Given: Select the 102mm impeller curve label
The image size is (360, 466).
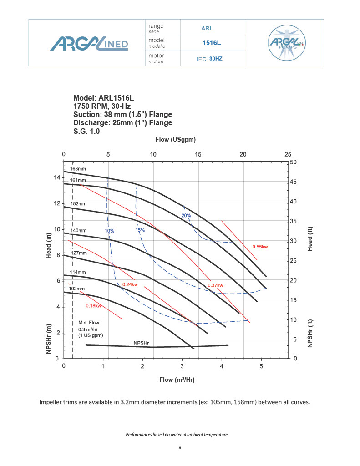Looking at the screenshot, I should (x=76, y=289).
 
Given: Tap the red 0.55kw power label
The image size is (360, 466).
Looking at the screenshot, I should (x=260, y=247).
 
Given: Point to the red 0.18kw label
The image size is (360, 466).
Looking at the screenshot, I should (x=93, y=305).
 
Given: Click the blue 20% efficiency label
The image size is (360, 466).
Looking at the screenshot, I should (x=186, y=215).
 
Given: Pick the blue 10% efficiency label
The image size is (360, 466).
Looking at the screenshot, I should (x=110, y=231).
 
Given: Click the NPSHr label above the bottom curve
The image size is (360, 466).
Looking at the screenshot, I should (x=142, y=343).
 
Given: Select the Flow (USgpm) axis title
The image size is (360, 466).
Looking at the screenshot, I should (x=176, y=140).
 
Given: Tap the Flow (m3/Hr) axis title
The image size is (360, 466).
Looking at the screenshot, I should (x=177, y=380).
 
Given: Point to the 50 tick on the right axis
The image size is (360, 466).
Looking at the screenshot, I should (x=293, y=162).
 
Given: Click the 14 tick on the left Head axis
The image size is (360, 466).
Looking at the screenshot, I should (x=57, y=177).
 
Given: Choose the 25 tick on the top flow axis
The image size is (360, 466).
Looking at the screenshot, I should (x=288, y=155).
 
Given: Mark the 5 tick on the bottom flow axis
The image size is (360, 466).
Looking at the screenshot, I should (x=261, y=366).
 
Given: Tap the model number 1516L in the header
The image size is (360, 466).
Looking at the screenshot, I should (x=211, y=43).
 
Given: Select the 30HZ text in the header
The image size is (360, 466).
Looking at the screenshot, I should (x=216, y=59).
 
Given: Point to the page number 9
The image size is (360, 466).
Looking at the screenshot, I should (x=180, y=447).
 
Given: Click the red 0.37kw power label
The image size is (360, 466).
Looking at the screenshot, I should (x=215, y=285).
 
